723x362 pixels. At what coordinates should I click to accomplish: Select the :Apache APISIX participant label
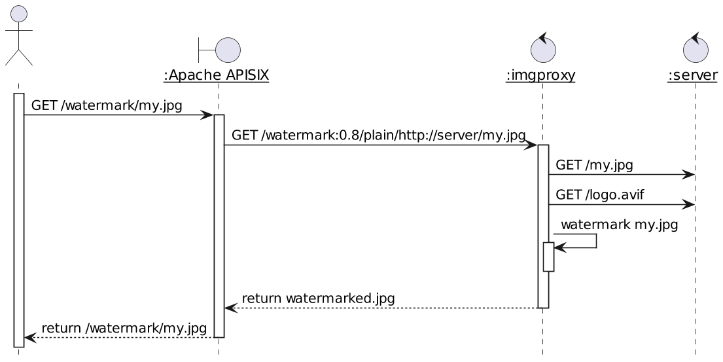pyautogui.click(x=216, y=75)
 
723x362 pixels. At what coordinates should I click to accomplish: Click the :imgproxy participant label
pyautogui.click(x=540, y=75)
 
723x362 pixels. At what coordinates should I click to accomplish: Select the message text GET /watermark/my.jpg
pyautogui.click(x=107, y=105)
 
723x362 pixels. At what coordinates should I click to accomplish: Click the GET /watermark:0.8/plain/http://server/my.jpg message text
pyautogui.click(x=379, y=136)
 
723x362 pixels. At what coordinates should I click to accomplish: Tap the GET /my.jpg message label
pyautogui.click(x=594, y=165)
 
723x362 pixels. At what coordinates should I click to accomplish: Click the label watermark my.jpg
pyautogui.click(x=619, y=225)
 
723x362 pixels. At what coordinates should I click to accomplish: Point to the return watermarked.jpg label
pyautogui.click(x=318, y=299)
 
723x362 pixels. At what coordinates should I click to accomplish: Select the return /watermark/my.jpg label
pyautogui.click(x=124, y=328)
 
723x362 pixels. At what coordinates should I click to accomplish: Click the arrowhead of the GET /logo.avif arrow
pyautogui.click(x=689, y=205)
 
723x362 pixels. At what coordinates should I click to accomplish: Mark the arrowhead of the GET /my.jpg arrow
pyautogui.click(x=689, y=175)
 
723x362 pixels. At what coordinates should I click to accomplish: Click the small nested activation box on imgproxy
pyautogui.click(x=549, y=257)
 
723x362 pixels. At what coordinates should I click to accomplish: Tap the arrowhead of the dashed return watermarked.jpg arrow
pyautogui.click(x=230, y=308)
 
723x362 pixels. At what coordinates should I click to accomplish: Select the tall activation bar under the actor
pyautogui.click(x=18, y=219)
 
